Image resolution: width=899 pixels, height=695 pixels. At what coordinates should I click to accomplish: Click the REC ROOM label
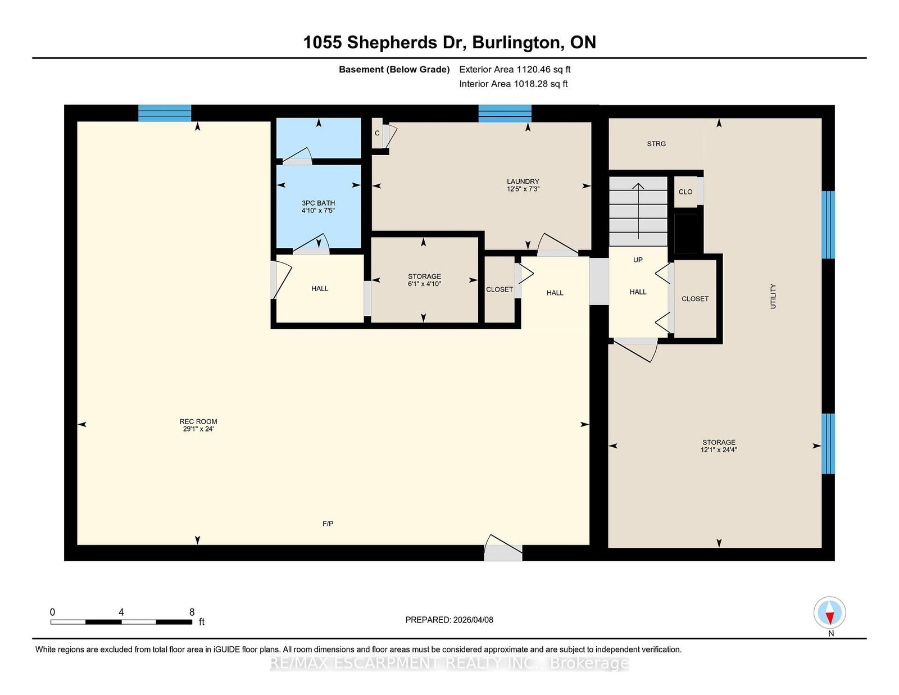(198, 421)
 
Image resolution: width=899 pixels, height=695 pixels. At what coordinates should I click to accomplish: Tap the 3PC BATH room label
(318, 203)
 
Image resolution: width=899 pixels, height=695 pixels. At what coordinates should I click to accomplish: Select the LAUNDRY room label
(523, 181)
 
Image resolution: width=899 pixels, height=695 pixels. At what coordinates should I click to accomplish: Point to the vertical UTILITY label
(773, 296)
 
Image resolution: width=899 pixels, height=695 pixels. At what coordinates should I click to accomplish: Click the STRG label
(656, 144)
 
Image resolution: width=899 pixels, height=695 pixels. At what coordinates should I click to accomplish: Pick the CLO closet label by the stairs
(685, 192)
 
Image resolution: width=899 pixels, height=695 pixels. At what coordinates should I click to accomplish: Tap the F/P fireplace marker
(328, 524)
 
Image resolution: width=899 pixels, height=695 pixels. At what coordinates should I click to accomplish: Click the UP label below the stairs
(638, 260)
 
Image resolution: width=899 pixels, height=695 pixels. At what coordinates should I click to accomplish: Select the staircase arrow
(638, 211)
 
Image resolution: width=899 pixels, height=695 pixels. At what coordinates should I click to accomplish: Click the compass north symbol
(830, 612)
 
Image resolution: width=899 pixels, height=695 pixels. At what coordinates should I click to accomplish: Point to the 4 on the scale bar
(121, 612)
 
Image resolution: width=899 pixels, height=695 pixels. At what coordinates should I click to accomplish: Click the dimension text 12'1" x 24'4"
(719, 450)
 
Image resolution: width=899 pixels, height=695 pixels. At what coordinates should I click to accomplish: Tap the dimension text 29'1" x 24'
(198, 429)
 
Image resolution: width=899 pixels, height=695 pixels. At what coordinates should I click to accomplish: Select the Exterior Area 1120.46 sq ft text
(515, 70)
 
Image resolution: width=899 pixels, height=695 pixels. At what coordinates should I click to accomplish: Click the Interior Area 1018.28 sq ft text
(514, 84)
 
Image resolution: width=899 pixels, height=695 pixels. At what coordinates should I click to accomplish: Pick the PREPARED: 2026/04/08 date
(449, 620)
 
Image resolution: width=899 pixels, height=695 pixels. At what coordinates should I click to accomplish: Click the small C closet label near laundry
(377, 133)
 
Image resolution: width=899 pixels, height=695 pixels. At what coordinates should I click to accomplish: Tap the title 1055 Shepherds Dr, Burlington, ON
(449, 42)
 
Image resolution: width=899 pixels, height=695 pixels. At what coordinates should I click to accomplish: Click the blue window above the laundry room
(505, 113)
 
